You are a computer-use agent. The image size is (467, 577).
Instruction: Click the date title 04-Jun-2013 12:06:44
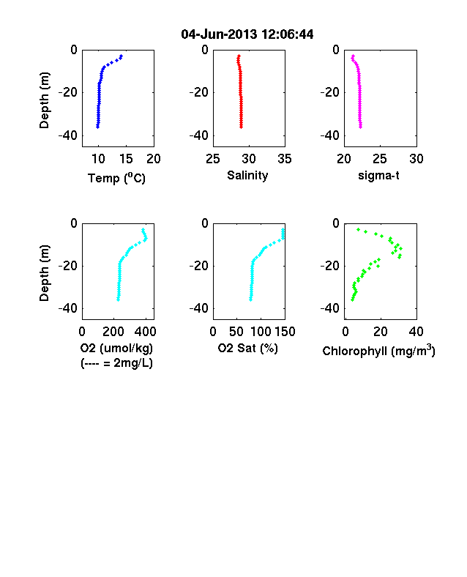point(247,34)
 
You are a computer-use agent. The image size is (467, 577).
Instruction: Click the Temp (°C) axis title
point(116,178)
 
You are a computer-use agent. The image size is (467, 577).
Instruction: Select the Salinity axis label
point(247,176)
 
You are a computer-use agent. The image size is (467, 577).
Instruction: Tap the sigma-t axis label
point(378,176)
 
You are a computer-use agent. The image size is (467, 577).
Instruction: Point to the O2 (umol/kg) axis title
point(116,348)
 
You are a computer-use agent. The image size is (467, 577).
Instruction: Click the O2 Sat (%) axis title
point(248,348)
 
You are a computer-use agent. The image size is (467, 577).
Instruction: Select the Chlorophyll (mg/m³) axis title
point(378,351)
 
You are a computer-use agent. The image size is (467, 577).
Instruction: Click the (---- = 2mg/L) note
point(116,363)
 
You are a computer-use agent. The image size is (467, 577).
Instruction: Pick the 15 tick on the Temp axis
point(126,159)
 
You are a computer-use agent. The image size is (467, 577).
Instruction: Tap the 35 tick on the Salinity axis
point(285,159)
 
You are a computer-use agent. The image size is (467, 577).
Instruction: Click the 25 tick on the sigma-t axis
point(380,159)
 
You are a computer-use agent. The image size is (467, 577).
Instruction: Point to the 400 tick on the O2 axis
point(145,332)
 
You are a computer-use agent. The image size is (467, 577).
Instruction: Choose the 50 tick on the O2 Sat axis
point(236,332)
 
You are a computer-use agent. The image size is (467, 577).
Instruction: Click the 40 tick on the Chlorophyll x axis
point(416,332)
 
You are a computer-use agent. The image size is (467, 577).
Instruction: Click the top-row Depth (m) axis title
point(44,100)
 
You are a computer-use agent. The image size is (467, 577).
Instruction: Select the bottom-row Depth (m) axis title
point(44,273)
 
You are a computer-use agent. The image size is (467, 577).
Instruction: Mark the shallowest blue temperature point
point(121,56)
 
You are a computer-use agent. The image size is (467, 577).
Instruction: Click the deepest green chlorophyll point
point(352,300)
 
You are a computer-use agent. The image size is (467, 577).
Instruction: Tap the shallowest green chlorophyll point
point(358,230)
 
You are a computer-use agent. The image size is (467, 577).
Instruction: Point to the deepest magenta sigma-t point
point(361,127)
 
